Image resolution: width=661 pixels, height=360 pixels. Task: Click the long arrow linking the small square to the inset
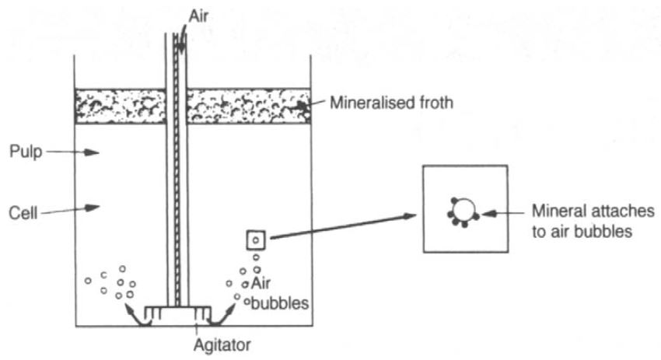342,225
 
